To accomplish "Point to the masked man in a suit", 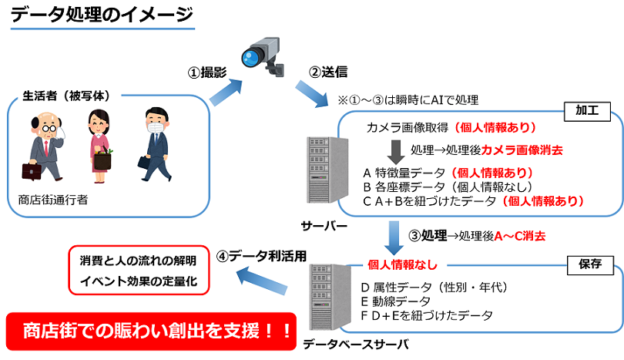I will click(x=154, y=142).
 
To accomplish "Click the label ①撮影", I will click(x=206, y=72).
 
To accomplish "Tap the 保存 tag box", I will click(x=587, y=264).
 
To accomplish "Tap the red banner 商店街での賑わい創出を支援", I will click(x=151, y=329).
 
